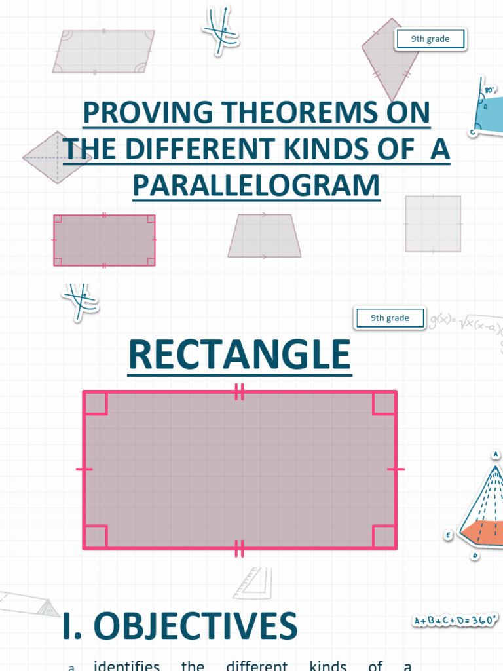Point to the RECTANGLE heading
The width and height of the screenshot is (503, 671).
[x=240, y=355]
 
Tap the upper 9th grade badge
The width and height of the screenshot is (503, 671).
[x=430, y=39]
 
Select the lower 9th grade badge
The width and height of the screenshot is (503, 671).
[x=390, y=318]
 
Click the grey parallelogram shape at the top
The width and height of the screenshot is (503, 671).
[x=103, y=51]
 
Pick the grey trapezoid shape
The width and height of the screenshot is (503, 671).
[x=264, y=236]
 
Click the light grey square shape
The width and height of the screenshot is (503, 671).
[x=433, y=224]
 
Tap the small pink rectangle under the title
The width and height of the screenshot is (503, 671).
[x=104, y=240]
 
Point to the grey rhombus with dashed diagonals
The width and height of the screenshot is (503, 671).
[x=58, y=157]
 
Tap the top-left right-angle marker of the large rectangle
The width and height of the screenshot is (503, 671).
[x=96, y=404]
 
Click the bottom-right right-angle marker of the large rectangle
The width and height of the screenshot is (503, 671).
[x=384, y=537]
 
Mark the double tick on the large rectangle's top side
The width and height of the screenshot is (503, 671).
[x=240, y=392]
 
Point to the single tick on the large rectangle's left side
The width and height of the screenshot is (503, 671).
[x=84, y=469]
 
